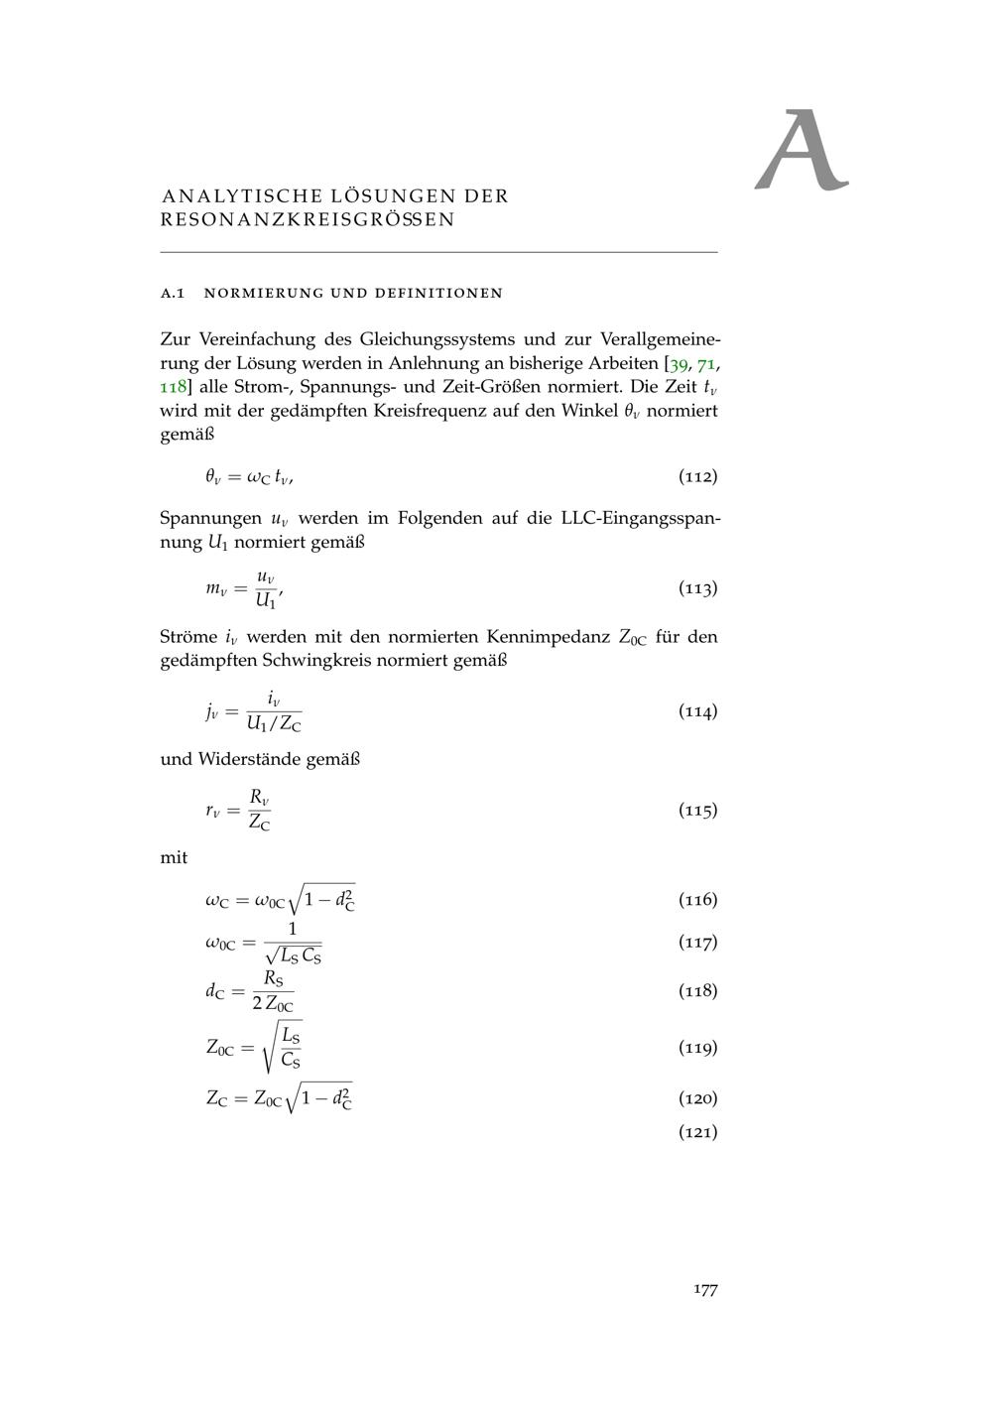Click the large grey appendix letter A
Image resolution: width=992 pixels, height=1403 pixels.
[x=801, y=151]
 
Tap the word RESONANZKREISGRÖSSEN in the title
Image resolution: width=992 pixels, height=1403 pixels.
[x=308, y=219]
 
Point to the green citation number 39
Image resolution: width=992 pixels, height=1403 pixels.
[x=680, y=363]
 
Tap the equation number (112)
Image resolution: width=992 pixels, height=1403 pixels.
[x=697, y=476]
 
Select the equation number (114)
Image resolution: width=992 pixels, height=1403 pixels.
[x=697, y=710]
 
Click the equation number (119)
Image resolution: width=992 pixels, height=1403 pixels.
[x=697, y=1047]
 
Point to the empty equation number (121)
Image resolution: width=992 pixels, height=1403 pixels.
[x=697, y=1131]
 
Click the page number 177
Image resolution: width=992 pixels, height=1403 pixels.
[x=705, y=1289]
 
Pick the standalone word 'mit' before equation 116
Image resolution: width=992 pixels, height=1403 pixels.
[x=174, y=857]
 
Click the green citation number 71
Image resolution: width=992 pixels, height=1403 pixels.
[x=707, y=363]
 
